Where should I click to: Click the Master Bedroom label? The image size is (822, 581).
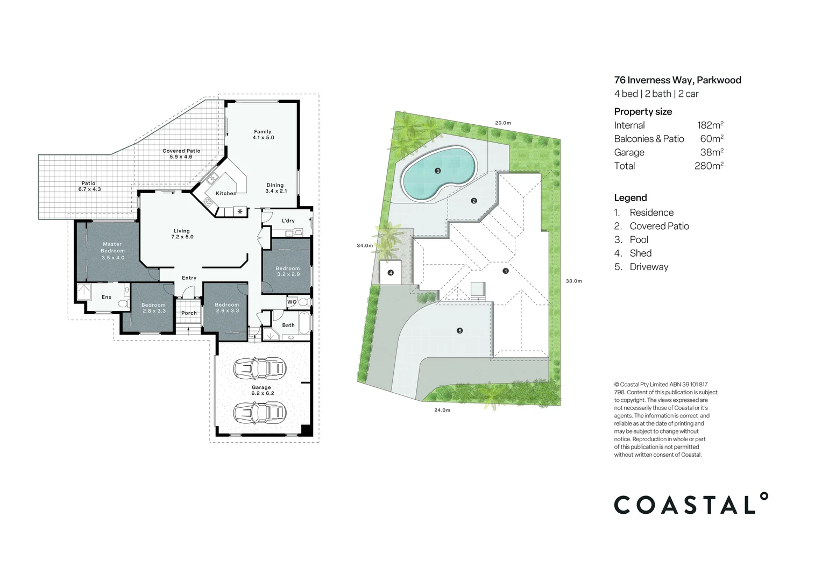coord(113,251)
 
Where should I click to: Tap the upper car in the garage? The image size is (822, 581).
coord(260,369)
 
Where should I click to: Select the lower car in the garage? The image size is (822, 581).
coord(260,413)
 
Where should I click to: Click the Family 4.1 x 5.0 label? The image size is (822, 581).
coord(263,134)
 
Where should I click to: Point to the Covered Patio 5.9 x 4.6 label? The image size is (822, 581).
coord(181,154)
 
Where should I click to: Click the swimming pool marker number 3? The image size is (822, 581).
coord(438,171)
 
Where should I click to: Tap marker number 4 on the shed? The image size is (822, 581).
coord(391,273)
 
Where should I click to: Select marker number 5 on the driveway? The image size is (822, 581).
coord(459,331)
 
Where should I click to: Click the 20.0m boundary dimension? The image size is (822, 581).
coord(502,123)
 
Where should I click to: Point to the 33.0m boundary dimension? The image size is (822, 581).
coord(573,281)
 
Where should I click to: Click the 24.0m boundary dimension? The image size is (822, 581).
coord(442,410)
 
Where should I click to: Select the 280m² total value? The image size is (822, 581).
coord(708,166)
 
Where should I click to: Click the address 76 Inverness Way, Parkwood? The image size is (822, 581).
coord(677,80)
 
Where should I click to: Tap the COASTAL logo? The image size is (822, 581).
coord(691,505)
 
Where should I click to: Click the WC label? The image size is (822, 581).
coord(291,302)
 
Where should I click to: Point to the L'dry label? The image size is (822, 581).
coord(288,221)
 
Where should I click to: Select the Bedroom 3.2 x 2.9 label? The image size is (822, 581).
coord(288,271)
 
